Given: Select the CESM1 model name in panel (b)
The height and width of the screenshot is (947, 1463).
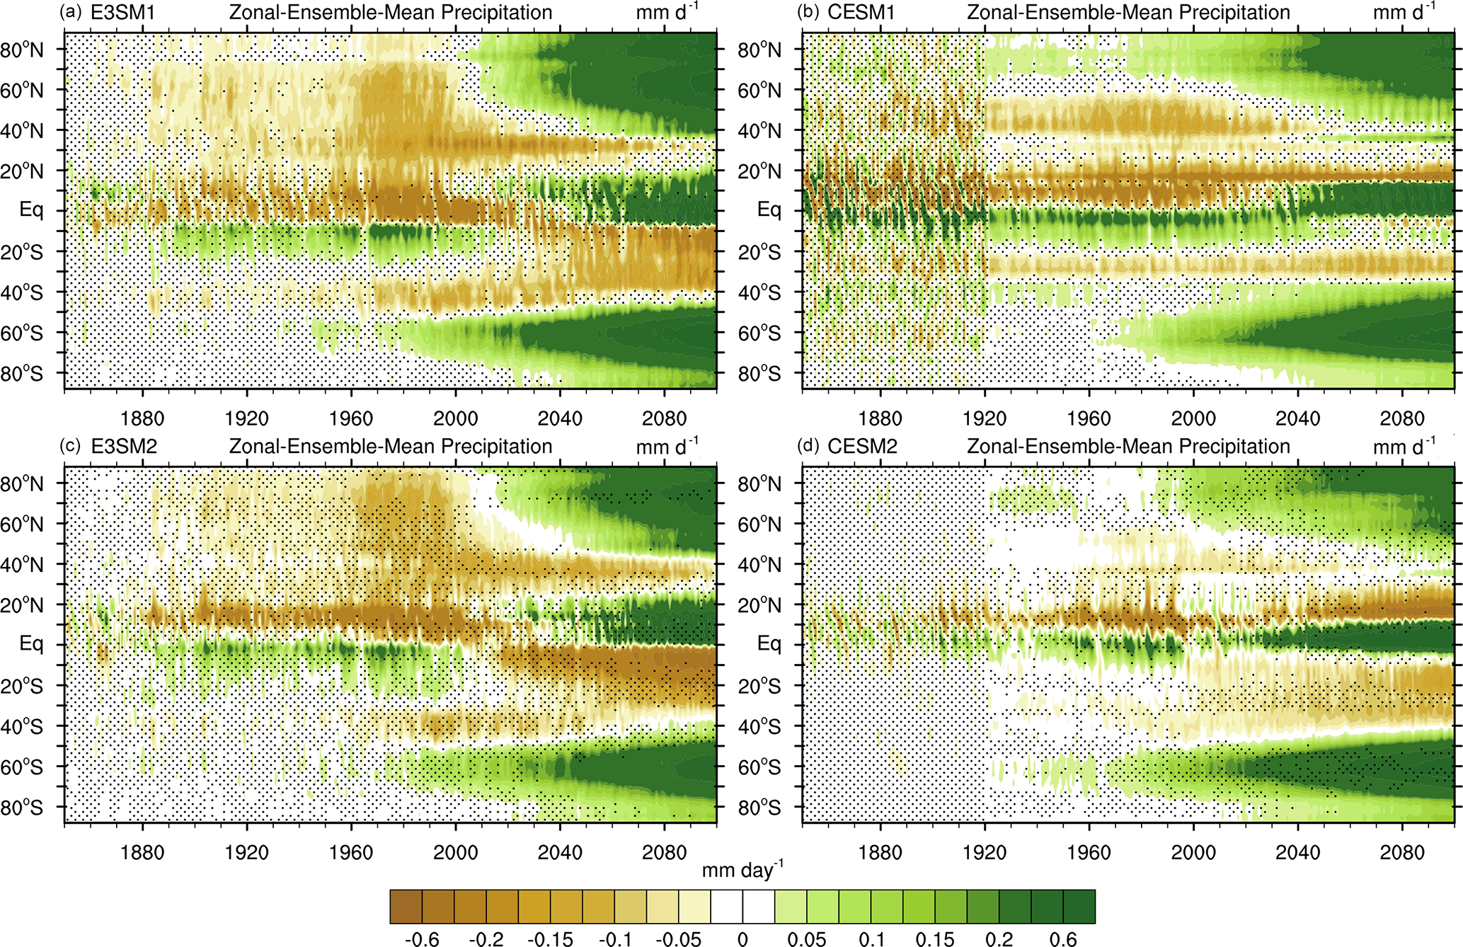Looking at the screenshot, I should [x=861, y=13].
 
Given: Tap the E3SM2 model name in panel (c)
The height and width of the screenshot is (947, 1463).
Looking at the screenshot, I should [x=124, y=447].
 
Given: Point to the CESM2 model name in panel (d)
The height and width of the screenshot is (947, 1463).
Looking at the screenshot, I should [x=862, y=447].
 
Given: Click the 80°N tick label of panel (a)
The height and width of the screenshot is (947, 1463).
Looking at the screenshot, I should [x=22, y=50].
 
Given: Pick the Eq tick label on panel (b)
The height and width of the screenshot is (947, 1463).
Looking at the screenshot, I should [x=769, y=210].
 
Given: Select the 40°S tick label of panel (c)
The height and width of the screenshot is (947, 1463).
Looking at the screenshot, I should [x=22, y=727].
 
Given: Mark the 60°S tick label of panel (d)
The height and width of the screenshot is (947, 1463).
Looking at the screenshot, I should [x=759, y=767].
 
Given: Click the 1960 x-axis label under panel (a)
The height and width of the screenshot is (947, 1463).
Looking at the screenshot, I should [x=351, y=418].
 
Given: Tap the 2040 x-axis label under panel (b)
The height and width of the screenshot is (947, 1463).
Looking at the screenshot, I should [x=1297, y=418].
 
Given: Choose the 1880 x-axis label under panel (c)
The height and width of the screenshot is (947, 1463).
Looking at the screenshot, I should [x=142, y=852].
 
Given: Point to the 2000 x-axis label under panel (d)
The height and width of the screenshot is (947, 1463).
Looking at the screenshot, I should [x=1193, y=852].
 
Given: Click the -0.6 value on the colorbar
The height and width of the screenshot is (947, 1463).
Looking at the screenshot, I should [x=422, y=939].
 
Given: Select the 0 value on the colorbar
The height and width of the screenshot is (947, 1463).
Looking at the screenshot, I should [x=742, y=939].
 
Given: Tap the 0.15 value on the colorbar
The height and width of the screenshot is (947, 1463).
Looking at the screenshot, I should [x=935, y=939].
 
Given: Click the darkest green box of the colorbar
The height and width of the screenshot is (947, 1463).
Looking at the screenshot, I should [x=1079, y=907].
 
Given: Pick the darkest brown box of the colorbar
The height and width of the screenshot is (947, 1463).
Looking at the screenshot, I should [x=406, y=907].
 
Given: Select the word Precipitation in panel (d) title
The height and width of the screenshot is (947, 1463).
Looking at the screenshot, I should [x=1231, y=447].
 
